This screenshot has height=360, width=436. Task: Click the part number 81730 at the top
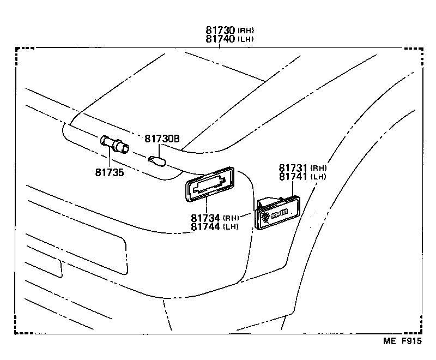coord(220,31)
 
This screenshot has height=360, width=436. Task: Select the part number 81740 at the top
coord(220,39)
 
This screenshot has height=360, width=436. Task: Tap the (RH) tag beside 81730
coord(246,31)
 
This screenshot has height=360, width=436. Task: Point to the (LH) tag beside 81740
coord(246,40)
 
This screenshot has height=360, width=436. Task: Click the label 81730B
coord(162,139)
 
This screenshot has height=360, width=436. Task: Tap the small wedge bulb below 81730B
coord(156,161)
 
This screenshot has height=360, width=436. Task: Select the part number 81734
coord(205,218)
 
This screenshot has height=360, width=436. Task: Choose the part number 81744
coord(205,227)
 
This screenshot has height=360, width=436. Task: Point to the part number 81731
coord(293,168)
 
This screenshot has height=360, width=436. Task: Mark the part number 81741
coord(293,177)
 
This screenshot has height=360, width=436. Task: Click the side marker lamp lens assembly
coord(276,212)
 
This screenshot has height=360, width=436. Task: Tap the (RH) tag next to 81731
coord(319,169)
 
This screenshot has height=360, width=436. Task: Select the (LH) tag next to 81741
coord(319,177)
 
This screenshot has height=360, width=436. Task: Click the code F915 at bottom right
coord(412,342)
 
